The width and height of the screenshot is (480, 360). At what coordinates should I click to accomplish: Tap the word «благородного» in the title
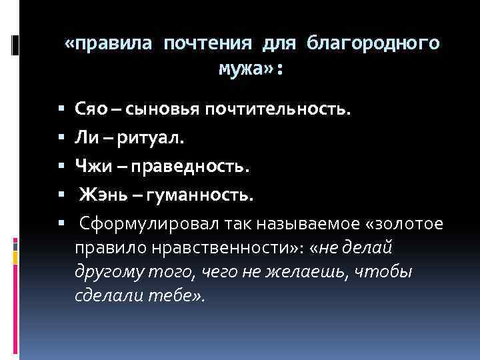coord(373,44)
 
